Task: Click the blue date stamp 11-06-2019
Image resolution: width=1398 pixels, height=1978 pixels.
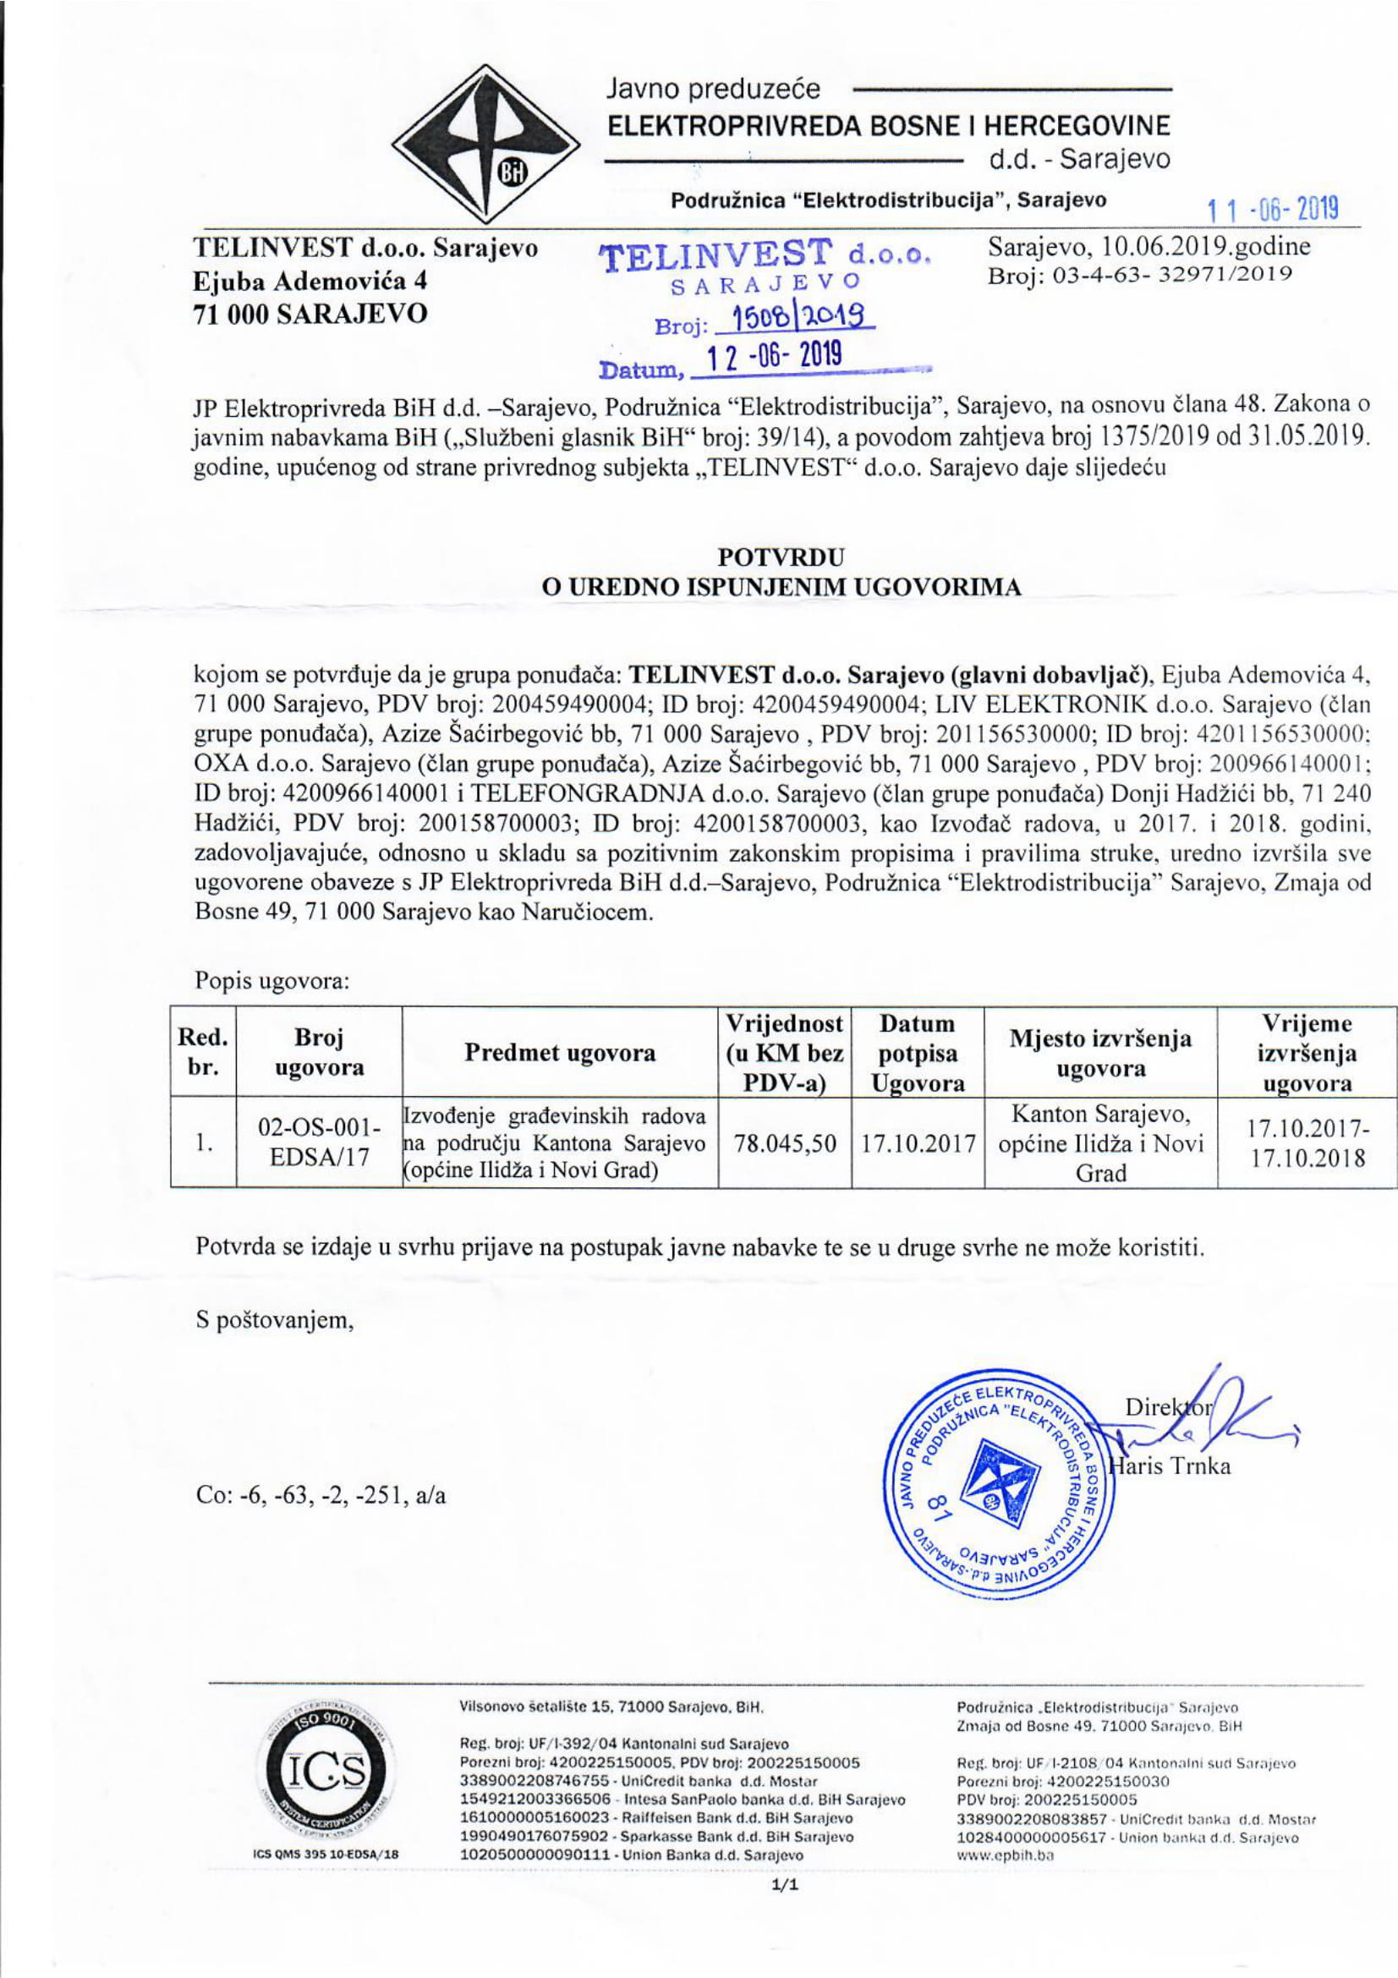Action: click(x=1272, y=210)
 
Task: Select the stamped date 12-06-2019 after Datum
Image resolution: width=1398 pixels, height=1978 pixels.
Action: click(x=773, y=357)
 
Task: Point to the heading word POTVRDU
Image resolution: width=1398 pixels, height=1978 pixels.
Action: click(x=781, y=556)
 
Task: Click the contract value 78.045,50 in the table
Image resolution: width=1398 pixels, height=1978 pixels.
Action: click(x=785, y=1143)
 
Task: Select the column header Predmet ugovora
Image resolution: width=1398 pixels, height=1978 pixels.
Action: click(x=559, y=1053)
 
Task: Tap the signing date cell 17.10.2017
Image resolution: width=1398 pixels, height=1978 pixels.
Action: click(x=918, y=1144)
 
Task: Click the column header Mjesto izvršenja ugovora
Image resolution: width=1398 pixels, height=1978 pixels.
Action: click(x=1100, y=1054)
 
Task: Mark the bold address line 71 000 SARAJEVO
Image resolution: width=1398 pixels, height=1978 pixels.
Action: click(x=311, y=314)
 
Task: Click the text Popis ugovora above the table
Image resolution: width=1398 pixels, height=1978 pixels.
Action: click(x=271, y=980)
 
